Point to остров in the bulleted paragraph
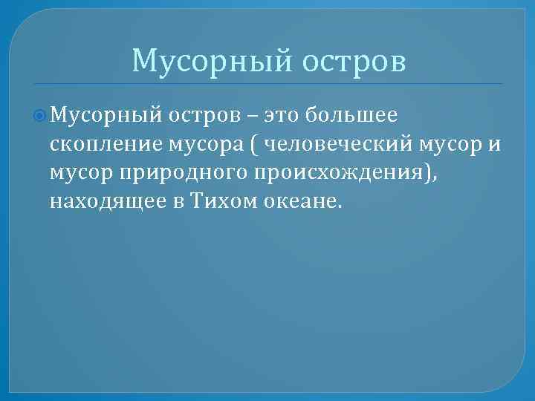(203, 116)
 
